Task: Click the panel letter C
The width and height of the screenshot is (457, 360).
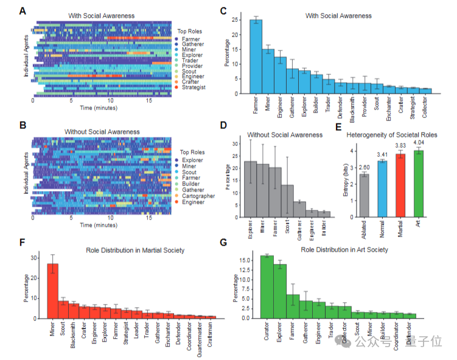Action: [223, 10]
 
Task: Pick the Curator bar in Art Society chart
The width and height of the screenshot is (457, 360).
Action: [267, 286]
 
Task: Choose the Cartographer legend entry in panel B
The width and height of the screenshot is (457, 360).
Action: [198, 196]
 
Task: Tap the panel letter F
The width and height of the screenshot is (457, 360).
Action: [23, 243]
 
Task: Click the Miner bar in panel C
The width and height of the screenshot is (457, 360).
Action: [268, 71]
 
